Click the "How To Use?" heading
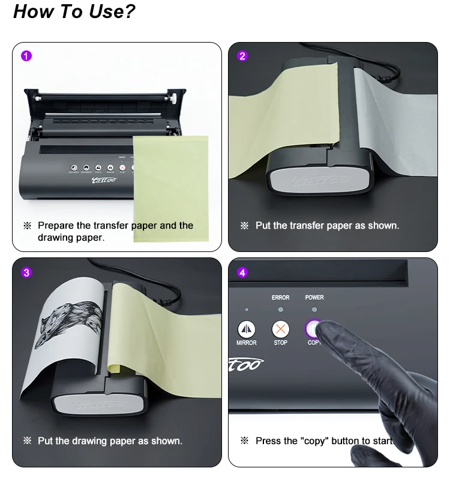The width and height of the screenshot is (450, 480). [74, 11]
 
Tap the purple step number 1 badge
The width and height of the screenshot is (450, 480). [26, 56]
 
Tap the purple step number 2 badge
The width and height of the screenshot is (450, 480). [242, 56]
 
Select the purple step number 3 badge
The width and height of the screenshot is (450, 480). [26, 272]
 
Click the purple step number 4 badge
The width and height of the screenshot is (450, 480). [242, 272]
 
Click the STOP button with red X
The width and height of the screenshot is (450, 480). [280, 329]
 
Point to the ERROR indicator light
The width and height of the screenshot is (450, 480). [280, 310]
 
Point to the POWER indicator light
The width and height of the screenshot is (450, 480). [314, 310]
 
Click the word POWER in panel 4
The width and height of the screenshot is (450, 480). [314, 298]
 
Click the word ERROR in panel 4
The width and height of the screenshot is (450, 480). [280, 298]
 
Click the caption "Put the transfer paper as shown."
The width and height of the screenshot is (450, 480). [327, 226]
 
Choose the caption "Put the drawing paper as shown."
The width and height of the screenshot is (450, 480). [110, 440]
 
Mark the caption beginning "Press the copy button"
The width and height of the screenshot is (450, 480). [324, 440]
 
